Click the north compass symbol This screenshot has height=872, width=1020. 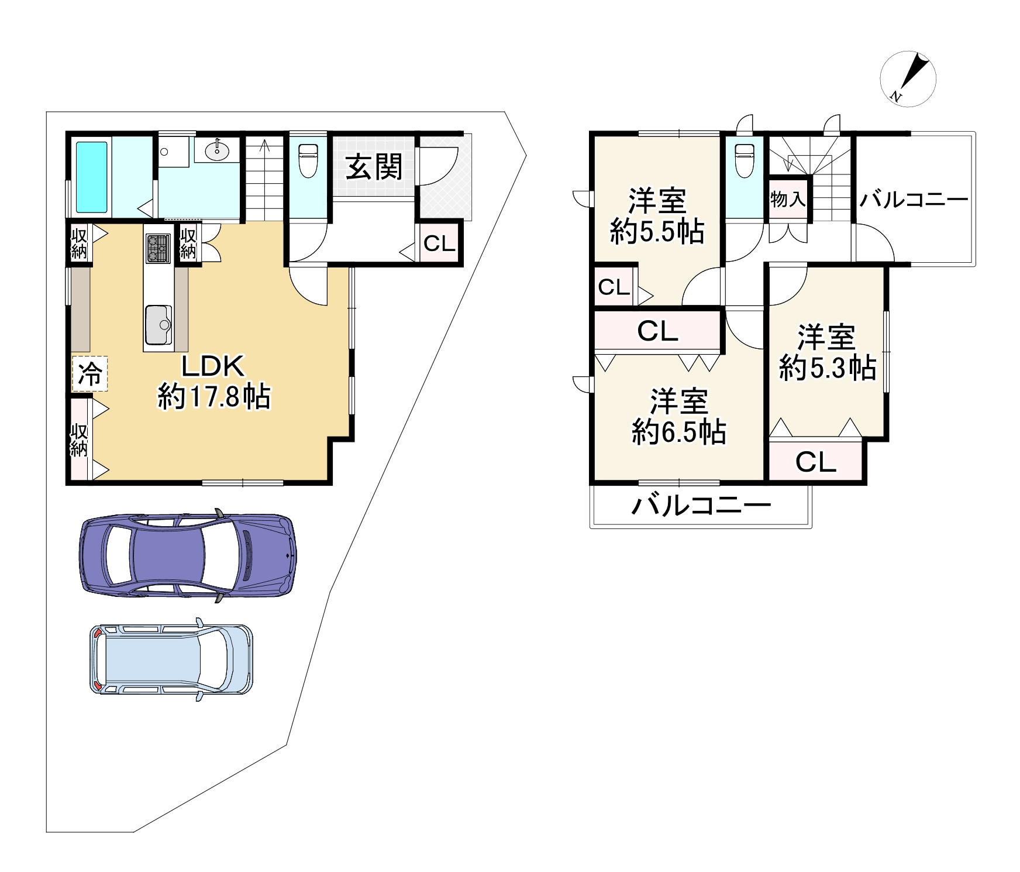coord(908,79)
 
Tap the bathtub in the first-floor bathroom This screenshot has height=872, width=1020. coord(92,176)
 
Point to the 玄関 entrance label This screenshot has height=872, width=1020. coord(374,168)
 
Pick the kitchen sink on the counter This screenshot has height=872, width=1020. coord(158,324)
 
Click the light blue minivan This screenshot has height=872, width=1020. coord(172,660)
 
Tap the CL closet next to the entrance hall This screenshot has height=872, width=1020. coord(439,243)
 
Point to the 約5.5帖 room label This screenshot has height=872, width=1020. coord(657,217)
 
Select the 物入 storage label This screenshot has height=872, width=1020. coord(788,200)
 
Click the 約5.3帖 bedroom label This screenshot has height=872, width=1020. coord(827,353)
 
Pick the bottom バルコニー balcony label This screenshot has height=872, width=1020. coord(701,504)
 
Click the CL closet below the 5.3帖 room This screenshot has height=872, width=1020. coord(816,463)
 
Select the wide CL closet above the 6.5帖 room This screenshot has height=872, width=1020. coord(657,331)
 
